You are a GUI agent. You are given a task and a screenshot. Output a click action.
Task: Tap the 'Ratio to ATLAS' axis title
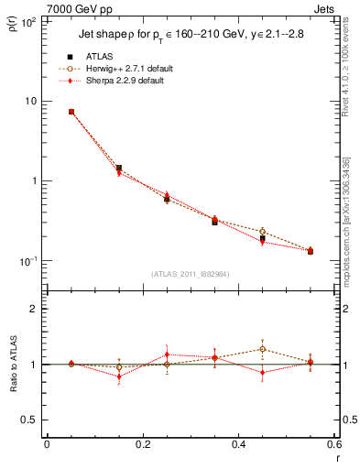[x=15, y=364]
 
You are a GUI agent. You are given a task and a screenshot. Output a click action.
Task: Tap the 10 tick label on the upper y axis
[x=33, y=101]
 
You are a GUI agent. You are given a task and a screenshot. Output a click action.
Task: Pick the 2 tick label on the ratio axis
[x=36, y=309]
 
